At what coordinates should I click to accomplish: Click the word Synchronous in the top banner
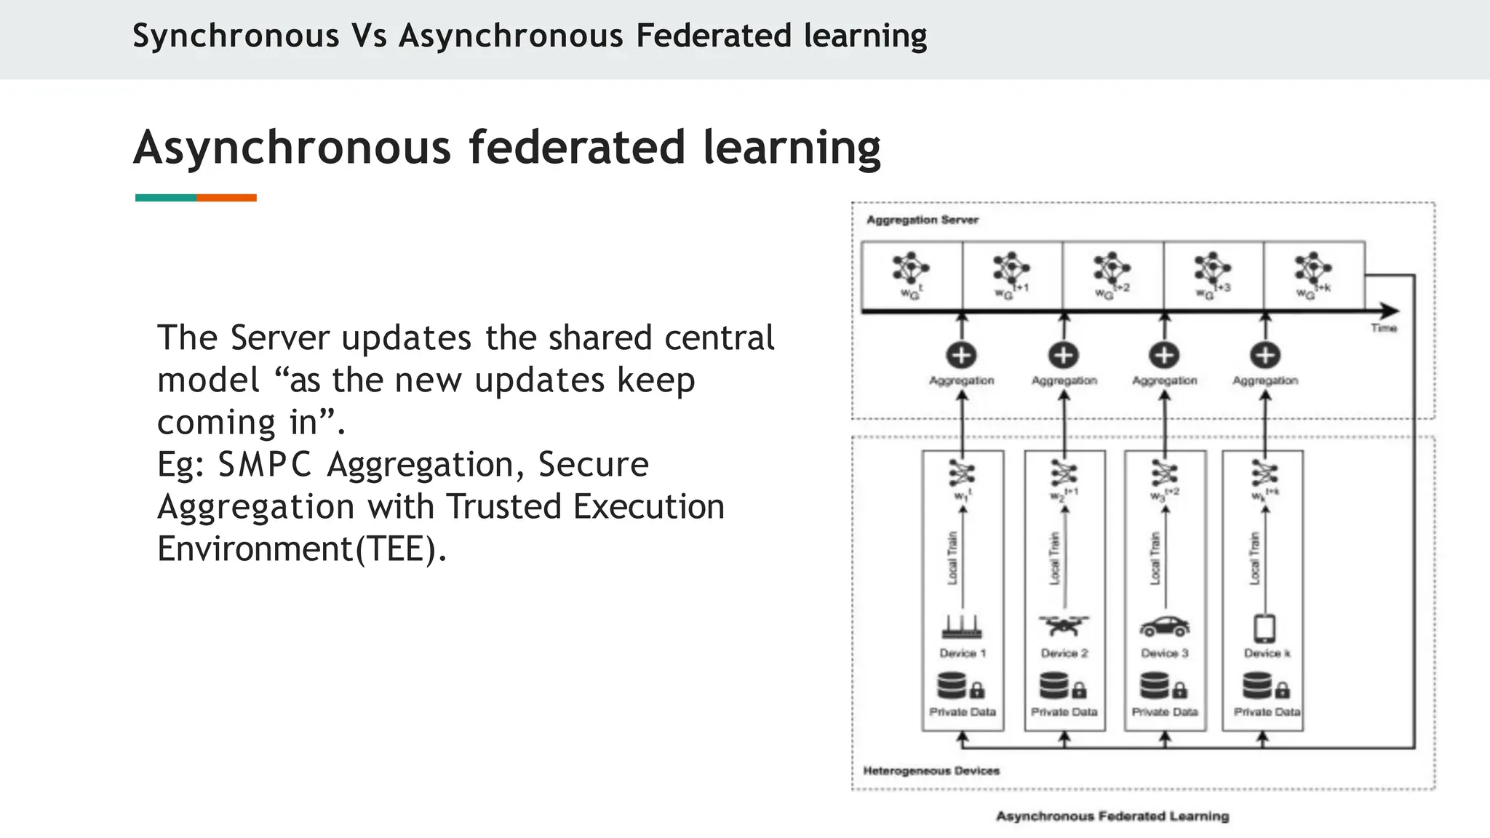click(236, 36)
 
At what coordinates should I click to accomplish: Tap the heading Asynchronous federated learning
click(507, 148)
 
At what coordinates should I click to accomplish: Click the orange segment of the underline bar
click(226, 198)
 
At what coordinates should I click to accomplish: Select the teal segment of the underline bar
click(166, 198)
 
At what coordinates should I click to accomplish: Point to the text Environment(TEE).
click(302, 548)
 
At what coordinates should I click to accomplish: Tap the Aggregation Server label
click(922, 220)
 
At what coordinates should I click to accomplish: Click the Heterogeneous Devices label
click(931, 770)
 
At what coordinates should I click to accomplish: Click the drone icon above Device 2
click(1064, 625)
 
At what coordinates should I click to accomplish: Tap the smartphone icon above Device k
click(1265, 627)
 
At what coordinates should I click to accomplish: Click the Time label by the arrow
click(1383, 328)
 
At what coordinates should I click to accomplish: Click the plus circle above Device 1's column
click(961, 355)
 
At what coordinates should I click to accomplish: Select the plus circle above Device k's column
click(1265, 355)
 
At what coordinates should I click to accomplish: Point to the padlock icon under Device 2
click(1079, 689)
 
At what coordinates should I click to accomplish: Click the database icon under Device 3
click(1155, 685)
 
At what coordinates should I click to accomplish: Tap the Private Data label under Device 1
click(962, 711)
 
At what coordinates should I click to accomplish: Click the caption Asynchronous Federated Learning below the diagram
click(1112, 816)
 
